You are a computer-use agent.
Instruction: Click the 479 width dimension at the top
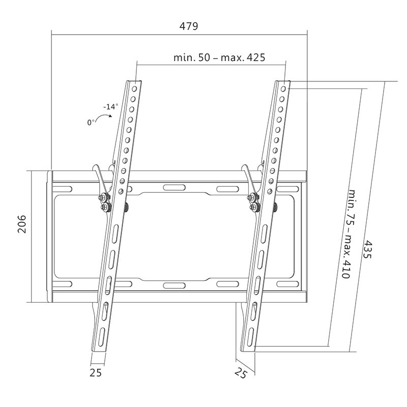[188, 26]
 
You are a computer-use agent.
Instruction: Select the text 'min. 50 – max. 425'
[219, 57]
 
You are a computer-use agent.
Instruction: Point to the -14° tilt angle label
[110, 107]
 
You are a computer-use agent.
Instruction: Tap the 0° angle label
[92, 122]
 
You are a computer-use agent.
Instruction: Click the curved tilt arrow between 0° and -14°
[105, 118]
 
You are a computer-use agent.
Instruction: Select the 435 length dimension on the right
[367, 250]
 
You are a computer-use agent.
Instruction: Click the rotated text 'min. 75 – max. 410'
[340, 234]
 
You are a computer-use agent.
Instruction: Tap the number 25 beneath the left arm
[96, 372]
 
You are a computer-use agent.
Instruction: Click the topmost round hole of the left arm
[134, 88]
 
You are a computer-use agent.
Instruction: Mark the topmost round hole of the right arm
[283, 88]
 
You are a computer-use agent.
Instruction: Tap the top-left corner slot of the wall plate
[64, 188]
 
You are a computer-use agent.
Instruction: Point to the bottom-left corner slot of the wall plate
[64, 284]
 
